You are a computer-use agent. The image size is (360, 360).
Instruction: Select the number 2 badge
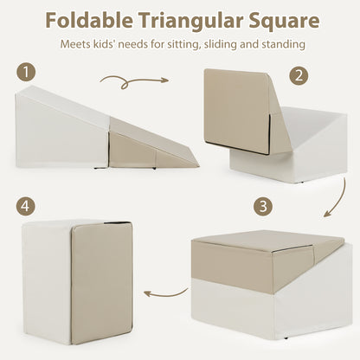[299, 76]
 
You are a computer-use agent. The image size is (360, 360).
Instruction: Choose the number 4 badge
[29, 206]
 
